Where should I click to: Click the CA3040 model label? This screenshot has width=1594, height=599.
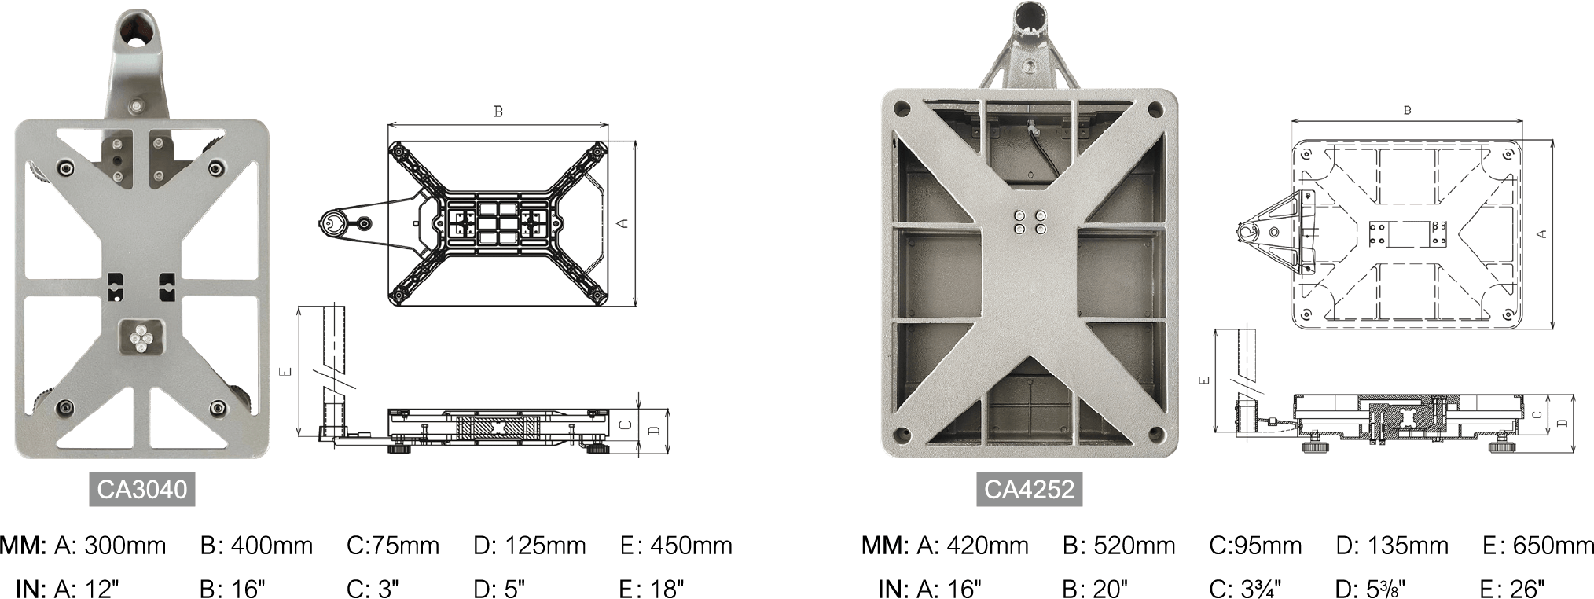pyautogui.click(x=141, y=490)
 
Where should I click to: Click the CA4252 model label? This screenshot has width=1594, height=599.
pyautogui.click(x=1029, y=490)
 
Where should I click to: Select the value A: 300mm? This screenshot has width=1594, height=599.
pyautogui.click(x=109, y=546)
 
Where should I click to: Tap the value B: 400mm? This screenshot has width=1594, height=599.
pyautogui.click(x=256, y=546)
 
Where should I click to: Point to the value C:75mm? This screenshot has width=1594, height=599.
pyautogui.click(x=392, y=546)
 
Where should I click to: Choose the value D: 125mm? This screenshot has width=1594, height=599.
pyautogui.click(x=530, y=546)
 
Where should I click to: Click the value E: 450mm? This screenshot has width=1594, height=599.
pyautogui.click(x=676, y=546)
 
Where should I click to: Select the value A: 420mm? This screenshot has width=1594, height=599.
pyautogui.click(x=972, y=546)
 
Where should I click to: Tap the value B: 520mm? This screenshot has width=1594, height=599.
pyautogui.click(x=1119, y=546)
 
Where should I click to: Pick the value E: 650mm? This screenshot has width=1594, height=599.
pyautogui.click(x=1537, y=546)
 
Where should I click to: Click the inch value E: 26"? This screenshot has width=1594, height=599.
pyautogui.click(x=1512, y=588)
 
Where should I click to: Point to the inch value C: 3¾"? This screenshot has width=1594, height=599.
pyautogui.click(x=1245, y=588)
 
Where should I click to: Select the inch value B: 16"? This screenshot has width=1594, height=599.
pyautogui.click(x=233, y=588)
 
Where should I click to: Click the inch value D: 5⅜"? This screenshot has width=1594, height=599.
pyautogui.click(x=1370, y=588)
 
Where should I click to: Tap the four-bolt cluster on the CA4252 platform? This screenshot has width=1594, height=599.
pyautogui.click(x=1030, y=222)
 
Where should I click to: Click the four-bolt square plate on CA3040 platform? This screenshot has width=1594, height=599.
pyautogui.click(x=141, y=338)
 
